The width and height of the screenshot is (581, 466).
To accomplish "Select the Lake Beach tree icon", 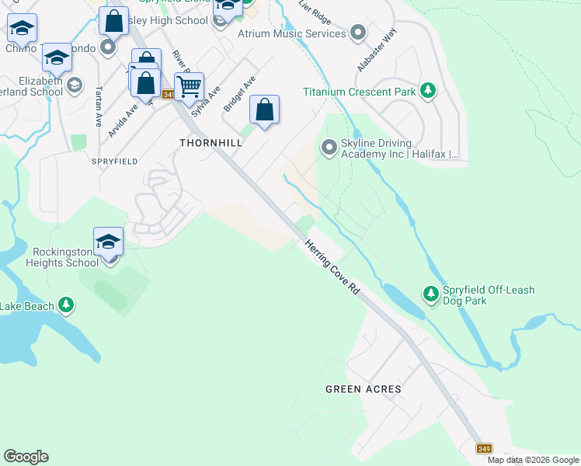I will point(67,306).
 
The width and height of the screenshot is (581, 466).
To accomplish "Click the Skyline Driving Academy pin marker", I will point(329,147).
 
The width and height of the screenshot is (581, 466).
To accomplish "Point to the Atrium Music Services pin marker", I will point(358,33).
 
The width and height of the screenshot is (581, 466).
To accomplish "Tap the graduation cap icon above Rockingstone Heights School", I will point(109,241).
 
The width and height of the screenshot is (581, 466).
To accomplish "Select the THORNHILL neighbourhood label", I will point(210,143).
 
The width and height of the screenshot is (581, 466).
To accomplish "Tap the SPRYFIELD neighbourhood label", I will point(115,161).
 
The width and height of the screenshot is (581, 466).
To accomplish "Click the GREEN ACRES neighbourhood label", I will point(364,388).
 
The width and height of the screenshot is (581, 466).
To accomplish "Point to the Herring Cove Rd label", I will point(332,266).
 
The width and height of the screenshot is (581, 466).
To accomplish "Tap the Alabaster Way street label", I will point(376,50).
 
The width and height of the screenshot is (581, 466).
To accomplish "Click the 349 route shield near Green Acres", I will point(485,449).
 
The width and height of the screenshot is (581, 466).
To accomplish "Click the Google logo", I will point(26,457).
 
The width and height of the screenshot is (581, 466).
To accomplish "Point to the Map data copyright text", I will point(533,460).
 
